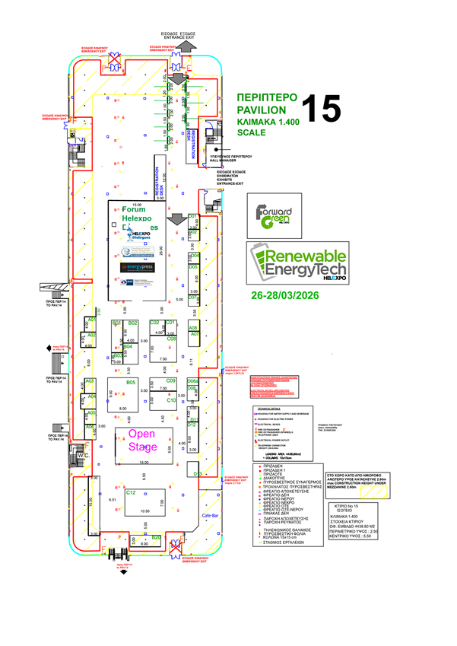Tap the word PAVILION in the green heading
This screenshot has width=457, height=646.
(x=262, y=110)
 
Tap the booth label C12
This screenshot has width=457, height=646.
(x=131, y=493)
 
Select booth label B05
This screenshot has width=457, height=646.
(x=131, y=382)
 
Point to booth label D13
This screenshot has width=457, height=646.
(x=197, y=474)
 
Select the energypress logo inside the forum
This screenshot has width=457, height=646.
(x=137, y=267)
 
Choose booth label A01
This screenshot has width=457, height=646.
(x=90, y=320)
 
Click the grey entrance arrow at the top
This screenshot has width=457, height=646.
(x=187, y=46)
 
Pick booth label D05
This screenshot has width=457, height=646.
(x=193, y=268)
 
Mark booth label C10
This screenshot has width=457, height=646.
(x=171, y=400)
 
